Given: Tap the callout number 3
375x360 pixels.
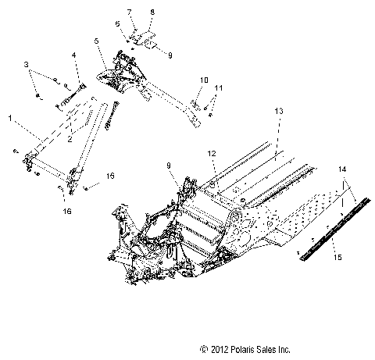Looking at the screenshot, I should [26, 63].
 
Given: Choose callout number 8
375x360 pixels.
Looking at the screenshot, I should [152, 13].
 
